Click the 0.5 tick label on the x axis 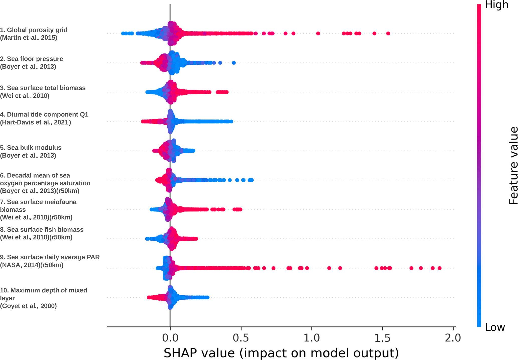[x=241, y=338]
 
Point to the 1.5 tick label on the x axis [x=382, y=338]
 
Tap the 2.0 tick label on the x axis [x=453, y=338]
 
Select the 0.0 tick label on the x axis [x=170, y=338]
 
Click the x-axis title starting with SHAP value [x=281, y=353]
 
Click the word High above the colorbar [x=496, y=5]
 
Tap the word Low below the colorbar [x=495, y=327]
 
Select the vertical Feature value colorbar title [x=513, y=166]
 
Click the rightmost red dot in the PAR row [x=440, y=268]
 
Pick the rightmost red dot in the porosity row [x=388, y=33]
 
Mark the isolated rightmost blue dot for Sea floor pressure [x=234, y=63]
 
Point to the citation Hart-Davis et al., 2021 [x=35, y=122]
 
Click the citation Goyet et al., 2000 [x=28, y=306]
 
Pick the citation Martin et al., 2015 [x=29, y=38]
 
